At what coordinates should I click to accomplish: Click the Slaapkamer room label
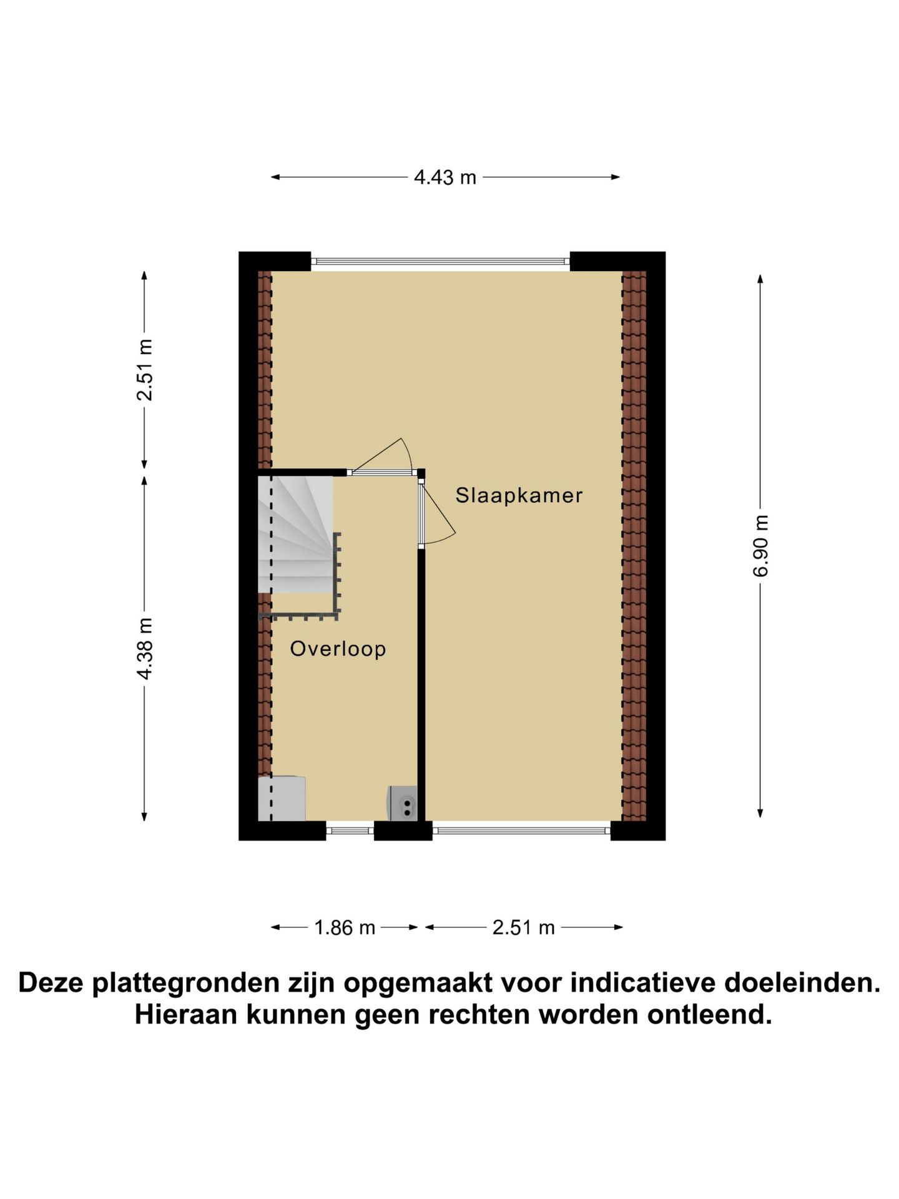519,496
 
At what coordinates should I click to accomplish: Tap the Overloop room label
338,649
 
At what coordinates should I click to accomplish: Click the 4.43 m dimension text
445,178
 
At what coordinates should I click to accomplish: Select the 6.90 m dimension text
761,545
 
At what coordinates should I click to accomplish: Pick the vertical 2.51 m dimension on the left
145,370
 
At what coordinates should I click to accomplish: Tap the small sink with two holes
402,803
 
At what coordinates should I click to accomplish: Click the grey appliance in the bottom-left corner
282,798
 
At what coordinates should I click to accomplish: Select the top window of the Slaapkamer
440,262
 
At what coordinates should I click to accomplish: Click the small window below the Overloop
350,830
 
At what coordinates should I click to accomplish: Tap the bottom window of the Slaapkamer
521,830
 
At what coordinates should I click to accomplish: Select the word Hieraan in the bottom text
185,1015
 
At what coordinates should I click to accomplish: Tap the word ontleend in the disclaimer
709,1015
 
